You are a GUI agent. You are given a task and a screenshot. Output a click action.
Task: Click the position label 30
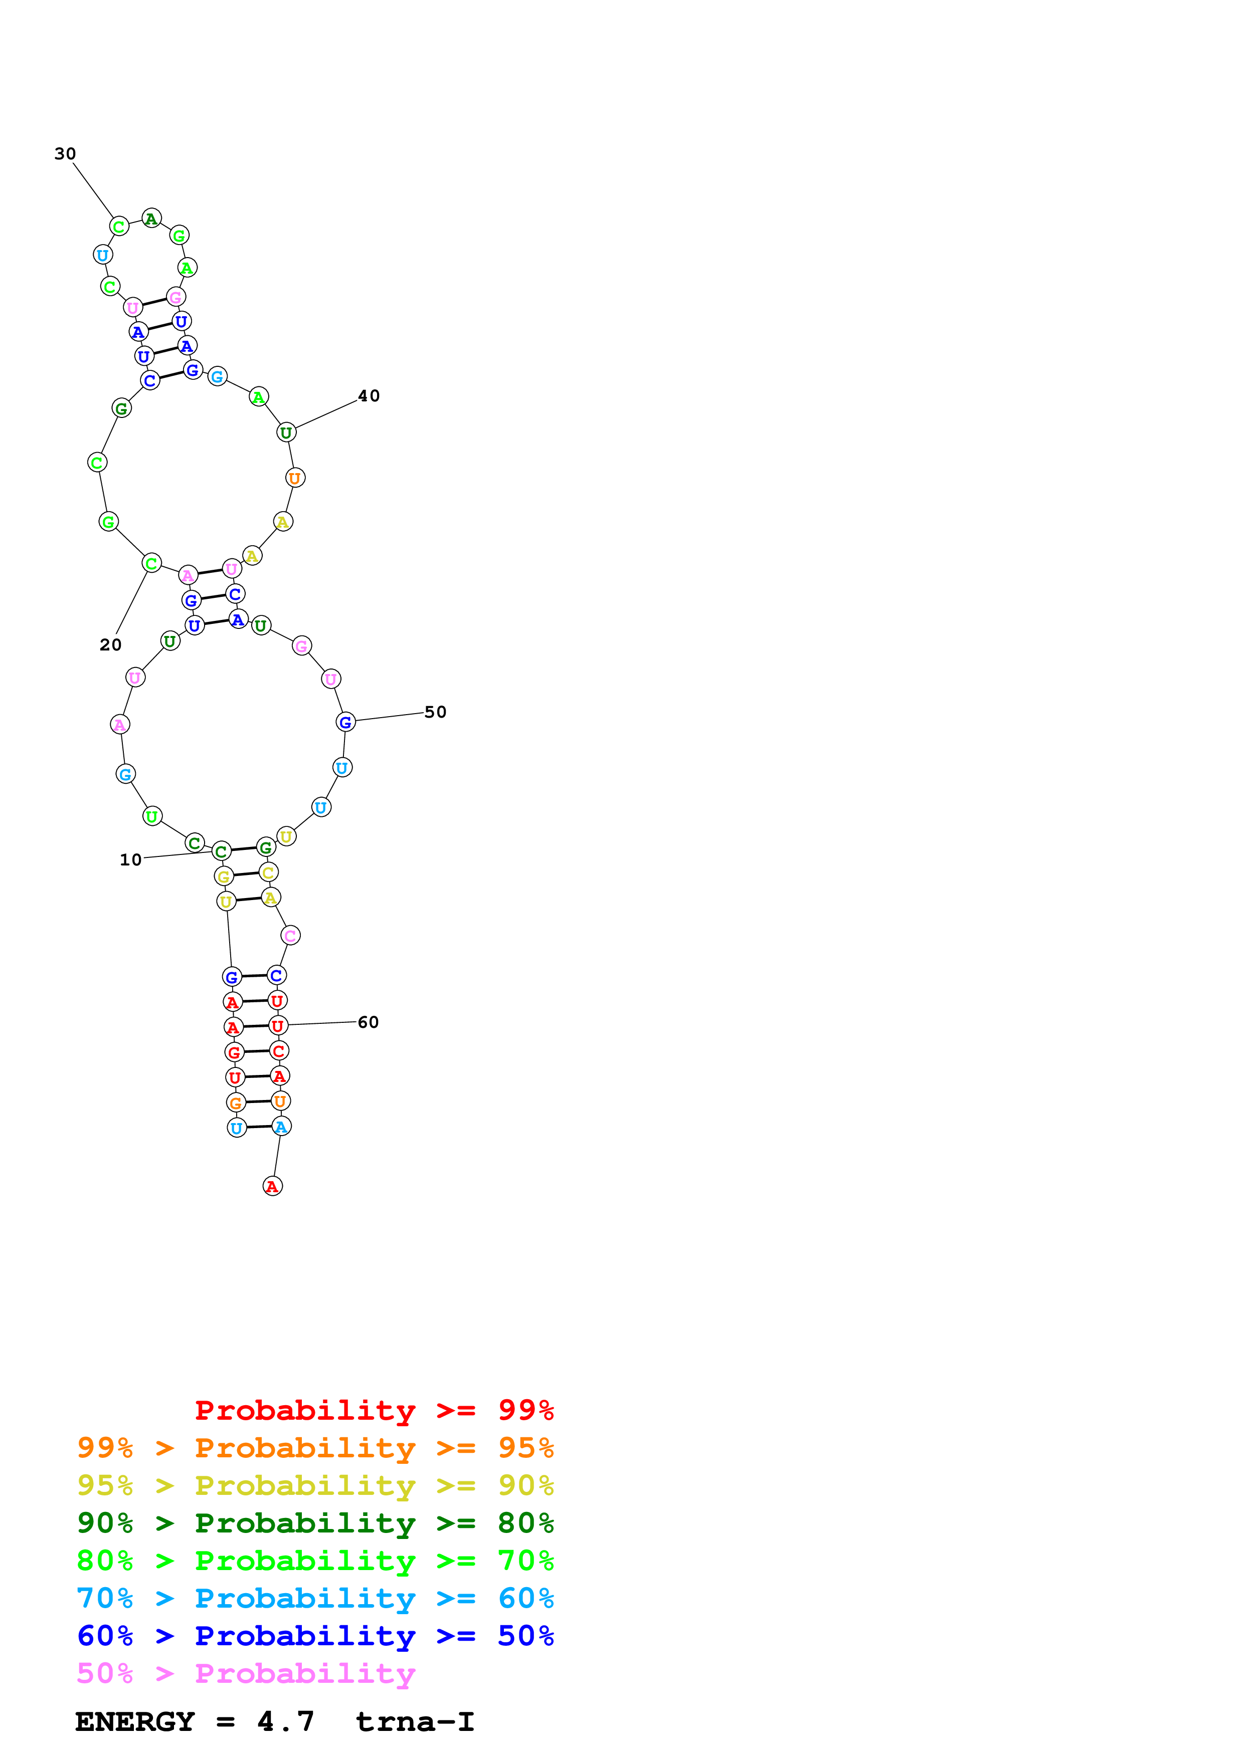click(x=65, y=154)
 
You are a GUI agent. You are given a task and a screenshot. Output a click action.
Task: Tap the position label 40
click(x=369, y=396)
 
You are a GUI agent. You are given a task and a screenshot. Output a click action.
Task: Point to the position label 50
click(x=435, y=712)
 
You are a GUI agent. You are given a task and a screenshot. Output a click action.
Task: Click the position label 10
click(x=130, y=860)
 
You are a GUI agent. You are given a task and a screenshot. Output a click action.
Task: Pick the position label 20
click(x=110, y=644)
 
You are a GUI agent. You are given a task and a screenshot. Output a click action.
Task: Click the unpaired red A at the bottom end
click(x=273, y=1186)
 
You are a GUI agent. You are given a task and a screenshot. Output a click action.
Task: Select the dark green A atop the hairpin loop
click(x=151, y=219)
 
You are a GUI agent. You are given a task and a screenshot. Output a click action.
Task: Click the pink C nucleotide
click(x=290, y=935)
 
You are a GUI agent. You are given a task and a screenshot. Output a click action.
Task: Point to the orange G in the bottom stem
click(x=235, y=1103)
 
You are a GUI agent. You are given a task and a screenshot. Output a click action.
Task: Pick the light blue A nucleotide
click(x=281, y=1127)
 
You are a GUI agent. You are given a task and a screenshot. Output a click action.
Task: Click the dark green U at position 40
click(x=286, y=432)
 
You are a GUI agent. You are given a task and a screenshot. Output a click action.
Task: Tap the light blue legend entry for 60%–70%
click(x=315, y=1598)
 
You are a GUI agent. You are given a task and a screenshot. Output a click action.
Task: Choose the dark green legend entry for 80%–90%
click(x=315, y=1523)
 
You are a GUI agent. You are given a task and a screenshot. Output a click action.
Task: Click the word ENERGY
click(x=135, y=1721)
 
